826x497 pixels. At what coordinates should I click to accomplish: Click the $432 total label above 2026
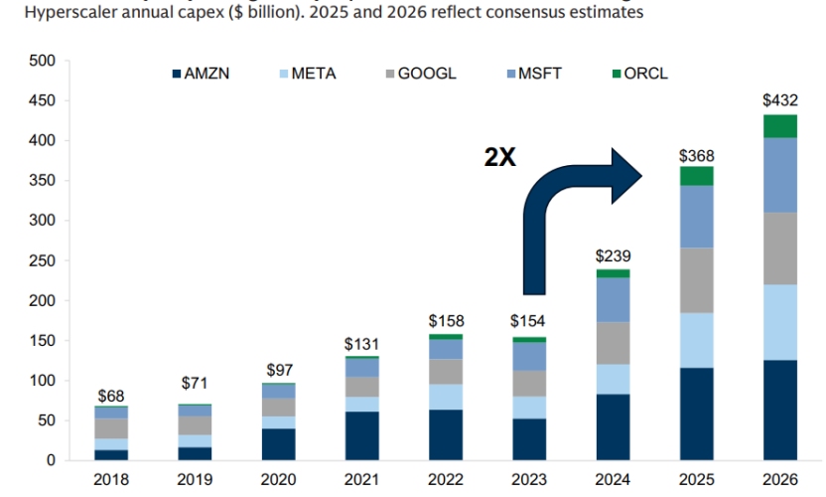(779, 100)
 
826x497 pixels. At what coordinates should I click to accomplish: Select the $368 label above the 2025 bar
(696, 155)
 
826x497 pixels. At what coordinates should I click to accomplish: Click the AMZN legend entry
(202, 74)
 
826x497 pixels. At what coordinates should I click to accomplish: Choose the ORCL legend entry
(639, 74)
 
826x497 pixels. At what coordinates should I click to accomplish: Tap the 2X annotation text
(500, 156)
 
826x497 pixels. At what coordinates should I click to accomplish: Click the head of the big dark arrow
(625, 175)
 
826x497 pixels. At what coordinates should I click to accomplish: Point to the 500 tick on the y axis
(43, 61)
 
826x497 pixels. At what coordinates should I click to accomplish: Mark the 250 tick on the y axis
(43, 260)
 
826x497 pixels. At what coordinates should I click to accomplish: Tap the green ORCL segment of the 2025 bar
(696, 176)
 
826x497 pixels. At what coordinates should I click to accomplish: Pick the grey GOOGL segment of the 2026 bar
(779, 248)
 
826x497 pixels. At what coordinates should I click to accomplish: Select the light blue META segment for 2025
(696, 340)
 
